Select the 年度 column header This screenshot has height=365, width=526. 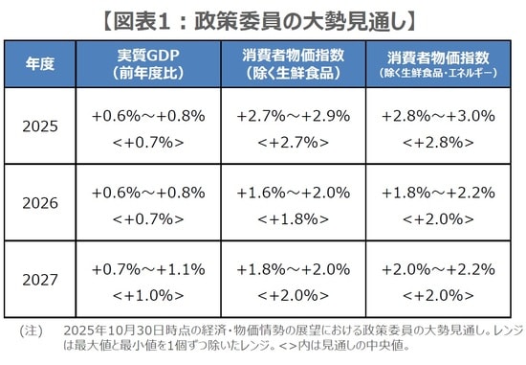40,64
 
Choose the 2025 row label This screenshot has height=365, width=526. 40,126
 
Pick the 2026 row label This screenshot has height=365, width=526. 40,203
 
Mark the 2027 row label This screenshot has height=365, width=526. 40,280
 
